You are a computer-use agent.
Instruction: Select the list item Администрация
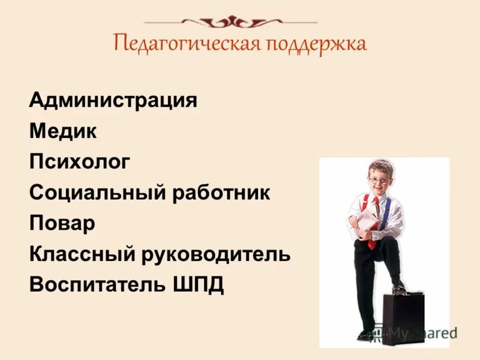[113, 100]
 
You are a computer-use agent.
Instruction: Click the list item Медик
[62, 131]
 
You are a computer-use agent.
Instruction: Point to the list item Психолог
[79, 162]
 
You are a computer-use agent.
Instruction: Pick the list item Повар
[62, 224]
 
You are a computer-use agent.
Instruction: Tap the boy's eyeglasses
[377, 179]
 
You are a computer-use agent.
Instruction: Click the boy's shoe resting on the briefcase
[398, 287]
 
